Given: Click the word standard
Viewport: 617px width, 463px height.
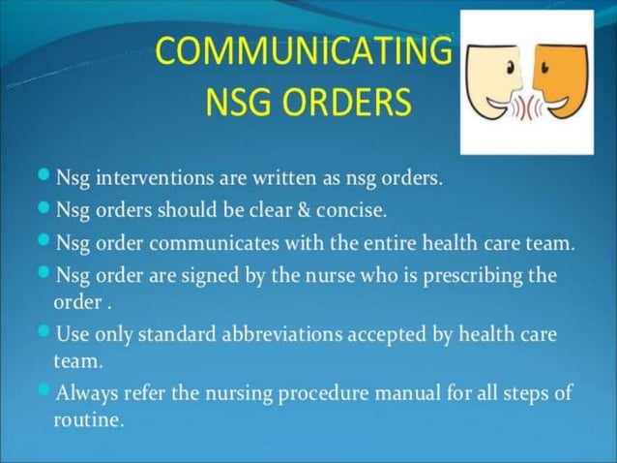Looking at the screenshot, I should (180, 335).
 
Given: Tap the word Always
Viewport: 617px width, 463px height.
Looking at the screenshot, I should (88, 395).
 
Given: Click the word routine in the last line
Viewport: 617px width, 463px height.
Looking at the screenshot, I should (88, 420).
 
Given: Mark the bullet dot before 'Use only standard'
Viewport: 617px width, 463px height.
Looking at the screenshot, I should (44, 334).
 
